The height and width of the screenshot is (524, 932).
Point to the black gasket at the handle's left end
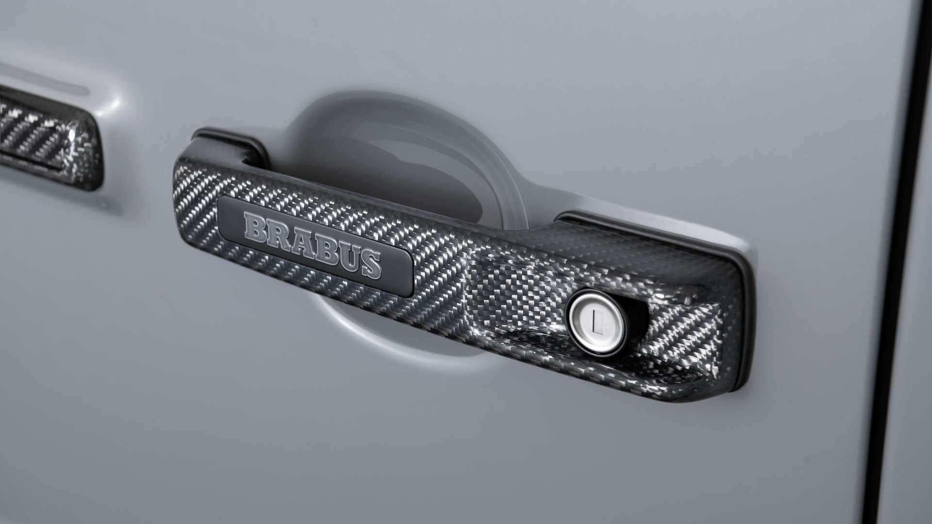click(233, 143)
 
